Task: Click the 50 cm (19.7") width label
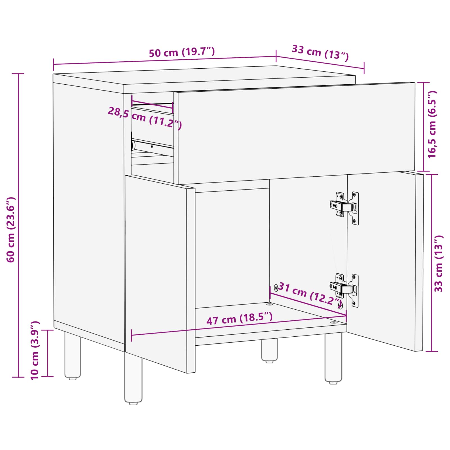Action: pos(182,52)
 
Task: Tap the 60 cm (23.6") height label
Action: pos(11,230)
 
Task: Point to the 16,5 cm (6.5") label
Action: pos(432,125)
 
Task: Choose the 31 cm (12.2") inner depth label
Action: pos(309,294)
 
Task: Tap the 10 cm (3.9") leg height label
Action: pos(35,350)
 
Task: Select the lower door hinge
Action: pos(345,290)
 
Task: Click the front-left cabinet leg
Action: pos(133,378)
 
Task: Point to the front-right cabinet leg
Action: pos(333,357)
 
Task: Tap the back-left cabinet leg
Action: pos(73,355)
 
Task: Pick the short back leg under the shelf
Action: pos(269,350)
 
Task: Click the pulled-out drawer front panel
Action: pos(295,132)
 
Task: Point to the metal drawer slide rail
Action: pos(153,146)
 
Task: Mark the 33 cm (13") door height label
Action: pos(439,264)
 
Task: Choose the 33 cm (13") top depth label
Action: pos(320,53)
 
